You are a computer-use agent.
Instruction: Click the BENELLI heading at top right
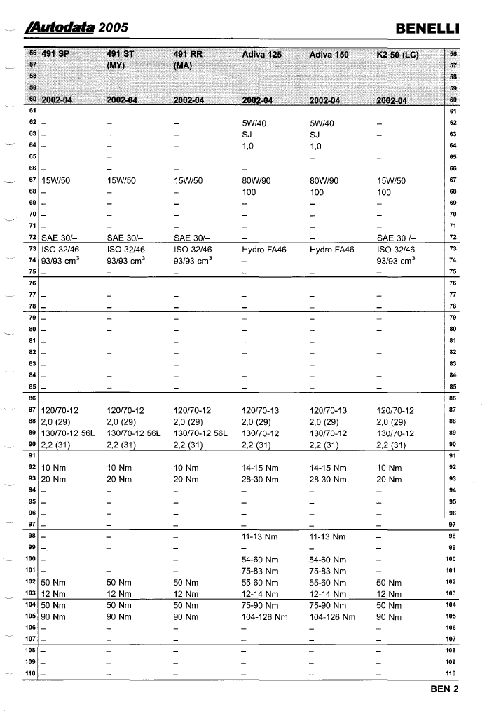[427, 28]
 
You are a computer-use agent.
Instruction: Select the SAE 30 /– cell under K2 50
[398, 238]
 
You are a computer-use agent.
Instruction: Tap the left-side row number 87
[32, 410]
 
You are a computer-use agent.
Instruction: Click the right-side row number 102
[452, 582]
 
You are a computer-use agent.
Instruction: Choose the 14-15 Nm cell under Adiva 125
[259, 467]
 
